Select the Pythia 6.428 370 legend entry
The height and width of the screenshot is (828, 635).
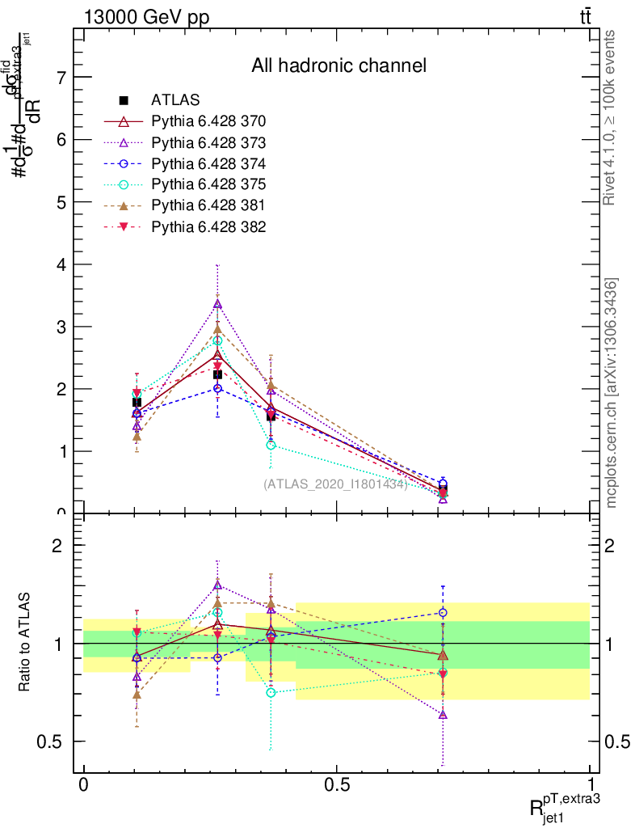208,122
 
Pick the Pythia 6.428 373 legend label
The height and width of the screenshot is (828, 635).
208,143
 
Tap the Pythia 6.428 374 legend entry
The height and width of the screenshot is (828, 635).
208,164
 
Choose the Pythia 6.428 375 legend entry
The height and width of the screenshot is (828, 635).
208,185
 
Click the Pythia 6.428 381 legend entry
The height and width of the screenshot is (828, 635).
208,206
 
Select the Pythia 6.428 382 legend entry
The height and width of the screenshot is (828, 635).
208,227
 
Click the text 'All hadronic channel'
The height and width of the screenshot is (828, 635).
339,65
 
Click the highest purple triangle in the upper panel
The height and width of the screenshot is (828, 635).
217,304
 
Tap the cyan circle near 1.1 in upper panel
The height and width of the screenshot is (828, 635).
271,445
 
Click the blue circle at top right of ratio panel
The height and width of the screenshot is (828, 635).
443,613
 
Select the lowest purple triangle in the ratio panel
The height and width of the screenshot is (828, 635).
443,715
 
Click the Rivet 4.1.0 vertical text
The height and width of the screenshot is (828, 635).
610,117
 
